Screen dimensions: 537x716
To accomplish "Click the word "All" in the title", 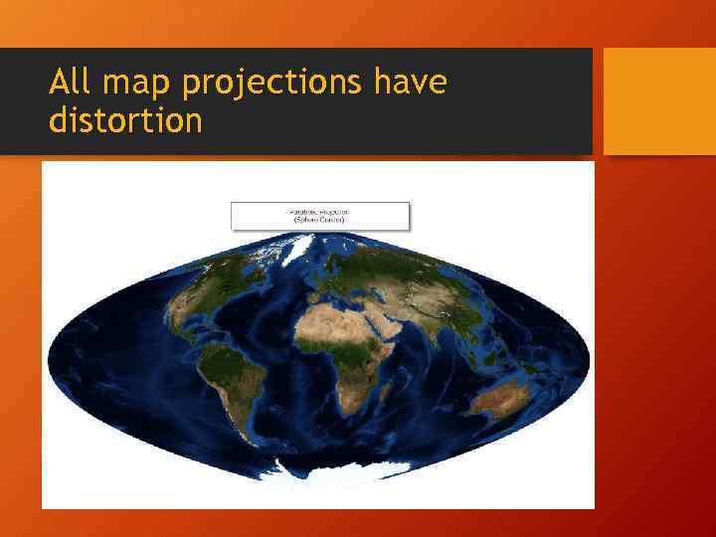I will [x=73, y=82].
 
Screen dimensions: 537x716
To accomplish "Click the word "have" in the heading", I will [x=410, y=82].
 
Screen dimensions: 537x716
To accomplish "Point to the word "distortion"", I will [x=125, y=121].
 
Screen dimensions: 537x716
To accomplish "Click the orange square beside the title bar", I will [x=659, y=101].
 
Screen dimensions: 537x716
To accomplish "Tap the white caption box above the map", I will [x=319, y=216].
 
